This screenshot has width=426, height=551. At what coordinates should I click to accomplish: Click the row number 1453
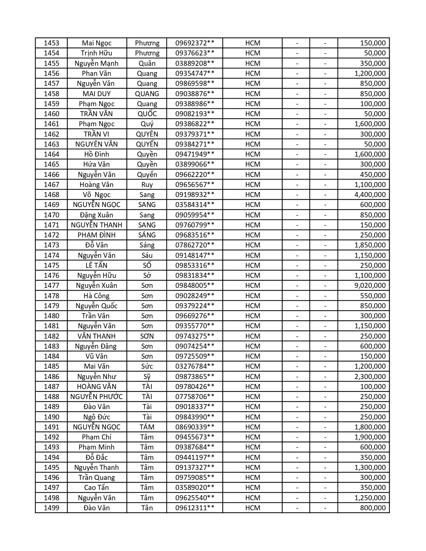(x=51, y=43)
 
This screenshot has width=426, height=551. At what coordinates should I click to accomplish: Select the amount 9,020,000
(x=370, y=286)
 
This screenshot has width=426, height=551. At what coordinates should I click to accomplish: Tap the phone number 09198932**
(x=195, y=195)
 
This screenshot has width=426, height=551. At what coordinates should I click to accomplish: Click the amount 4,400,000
(x=370, y=195)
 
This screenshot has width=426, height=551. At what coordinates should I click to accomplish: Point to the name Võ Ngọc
(x=97, y=195)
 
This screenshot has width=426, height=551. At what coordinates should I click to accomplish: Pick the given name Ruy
(x=147, y=185)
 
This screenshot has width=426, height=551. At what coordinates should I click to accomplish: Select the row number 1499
(x=51, y=508)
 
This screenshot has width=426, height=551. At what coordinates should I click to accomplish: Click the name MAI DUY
(x=97, y=94)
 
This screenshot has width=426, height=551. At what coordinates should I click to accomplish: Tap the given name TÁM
(x=147, y=427)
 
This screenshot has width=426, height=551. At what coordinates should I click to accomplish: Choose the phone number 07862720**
(x=195, y=245)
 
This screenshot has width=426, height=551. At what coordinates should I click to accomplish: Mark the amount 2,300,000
(x=370, y=377)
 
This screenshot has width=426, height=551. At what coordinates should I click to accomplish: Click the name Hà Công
(x=97, y=296)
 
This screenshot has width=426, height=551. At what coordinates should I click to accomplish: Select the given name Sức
(x=147, y=366)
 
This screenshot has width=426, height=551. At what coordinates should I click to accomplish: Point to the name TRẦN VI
(x=97, y=134)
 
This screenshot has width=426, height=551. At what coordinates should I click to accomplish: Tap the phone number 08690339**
(x=195, y=427)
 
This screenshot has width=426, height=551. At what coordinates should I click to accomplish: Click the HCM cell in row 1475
(x=253, y=265)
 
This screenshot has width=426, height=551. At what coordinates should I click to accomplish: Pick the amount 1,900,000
(x=370, y=437)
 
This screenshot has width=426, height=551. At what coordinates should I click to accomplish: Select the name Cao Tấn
(x=97, y=488)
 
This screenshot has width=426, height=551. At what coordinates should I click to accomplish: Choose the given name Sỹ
(x=147, y=377)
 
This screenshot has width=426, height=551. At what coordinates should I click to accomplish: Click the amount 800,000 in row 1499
(x=373, y=508)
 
